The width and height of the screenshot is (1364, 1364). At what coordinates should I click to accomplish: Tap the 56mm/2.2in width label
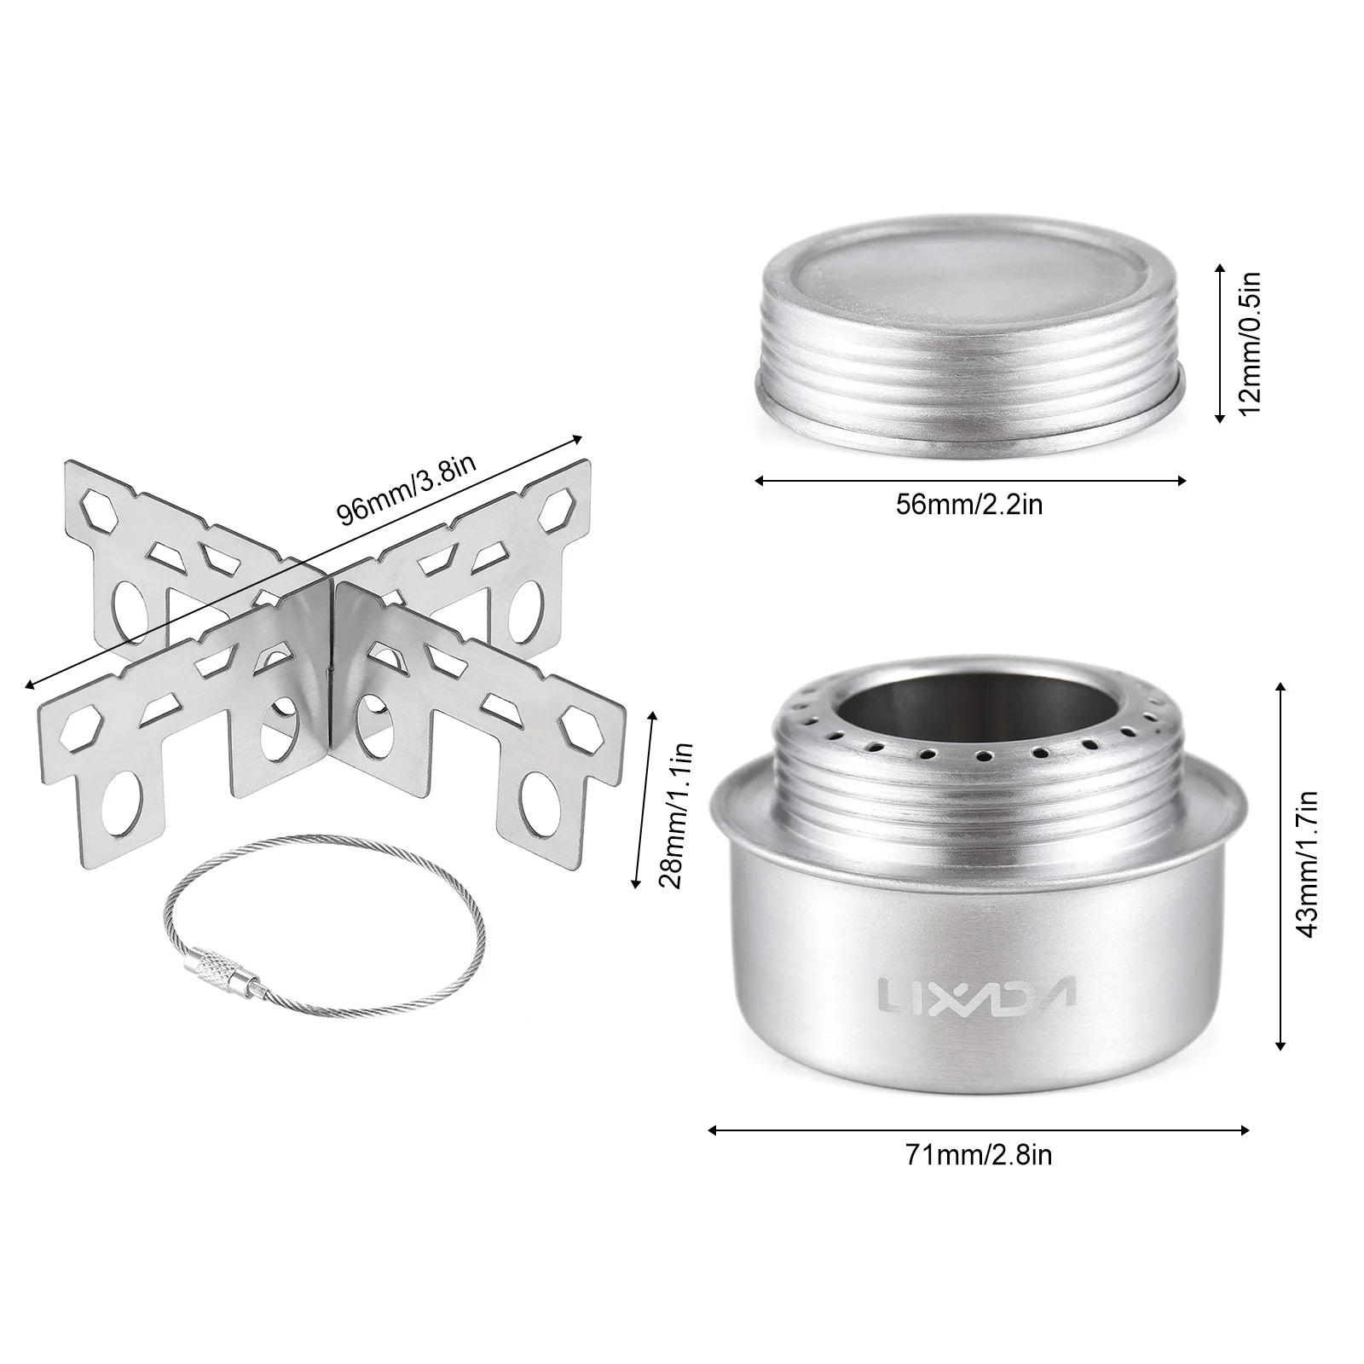[x=969, y=505]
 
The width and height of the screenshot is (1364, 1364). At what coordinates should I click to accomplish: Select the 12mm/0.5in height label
[x=1250, y=343]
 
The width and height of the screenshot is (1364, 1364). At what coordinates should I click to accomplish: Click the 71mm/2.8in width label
[x=979, y=1155]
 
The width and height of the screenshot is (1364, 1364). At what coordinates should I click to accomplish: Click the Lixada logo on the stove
[x=976, y=992]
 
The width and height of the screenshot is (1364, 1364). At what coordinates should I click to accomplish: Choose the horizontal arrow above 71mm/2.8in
[x=979, y=1130]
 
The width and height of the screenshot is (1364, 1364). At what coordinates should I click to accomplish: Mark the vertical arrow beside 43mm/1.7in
[x=1280, y=865]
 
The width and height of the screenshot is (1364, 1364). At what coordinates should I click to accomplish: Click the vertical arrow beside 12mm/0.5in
[x=1220, y=343]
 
